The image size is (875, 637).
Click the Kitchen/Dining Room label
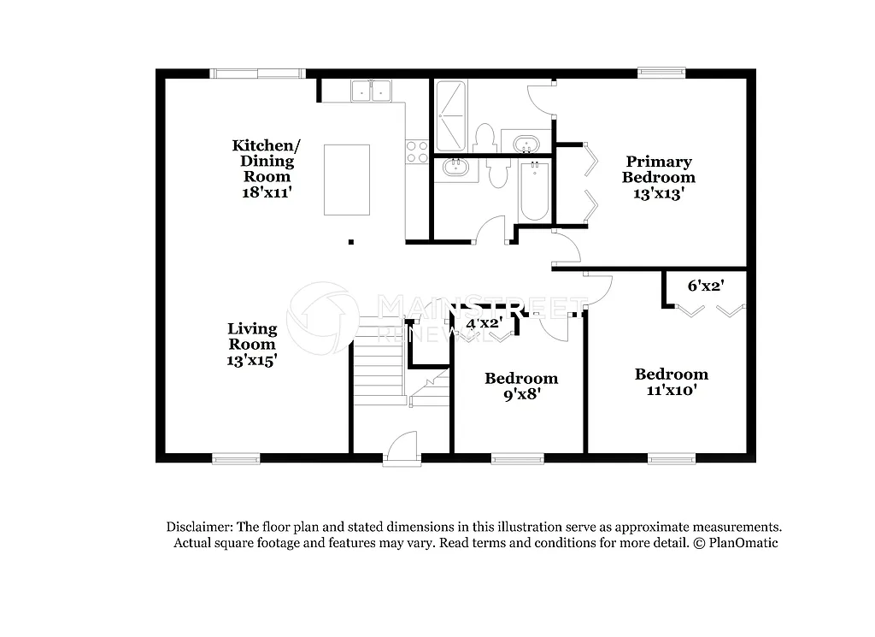[266, 161]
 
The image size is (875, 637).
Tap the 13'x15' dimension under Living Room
[251, 361]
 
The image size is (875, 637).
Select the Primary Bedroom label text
[658, 169]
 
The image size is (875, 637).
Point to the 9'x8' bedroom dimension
[521, 394]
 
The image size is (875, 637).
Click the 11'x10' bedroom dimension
[671, 390]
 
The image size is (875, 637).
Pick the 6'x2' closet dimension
[705, 286]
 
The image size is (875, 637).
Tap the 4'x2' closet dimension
[483, 323]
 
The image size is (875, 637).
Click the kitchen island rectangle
[346, 180]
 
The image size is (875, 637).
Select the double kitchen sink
[370, 91]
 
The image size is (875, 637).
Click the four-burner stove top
[416, 151]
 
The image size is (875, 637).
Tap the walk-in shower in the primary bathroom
[451, 115]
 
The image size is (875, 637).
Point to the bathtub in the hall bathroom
[533, 191]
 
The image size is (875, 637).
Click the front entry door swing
[402, 449]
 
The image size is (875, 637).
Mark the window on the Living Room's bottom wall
[236, 458]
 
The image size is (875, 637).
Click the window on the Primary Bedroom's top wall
[661, 74]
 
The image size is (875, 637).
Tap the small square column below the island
[351, 242]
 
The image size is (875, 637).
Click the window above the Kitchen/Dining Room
[258, 74]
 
